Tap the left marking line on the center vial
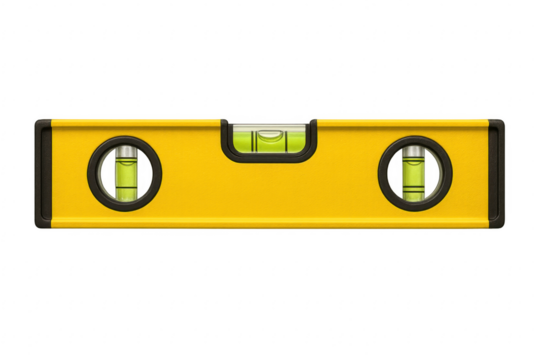click(x=254, y=140)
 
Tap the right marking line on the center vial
click(x=283, y=140)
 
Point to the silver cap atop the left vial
click(x=125, y=151)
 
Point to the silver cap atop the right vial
click(x=414, y=151)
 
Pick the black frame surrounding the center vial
click(x=268, y=156)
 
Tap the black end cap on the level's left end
click(x=40, y=172)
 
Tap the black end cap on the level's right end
click(x=498, y=172)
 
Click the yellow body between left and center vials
click(x=190, y=175)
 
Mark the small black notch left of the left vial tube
click(x=104, y=173)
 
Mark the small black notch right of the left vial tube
click(x=146, y=173)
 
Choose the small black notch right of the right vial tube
click(x=435, y=173)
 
